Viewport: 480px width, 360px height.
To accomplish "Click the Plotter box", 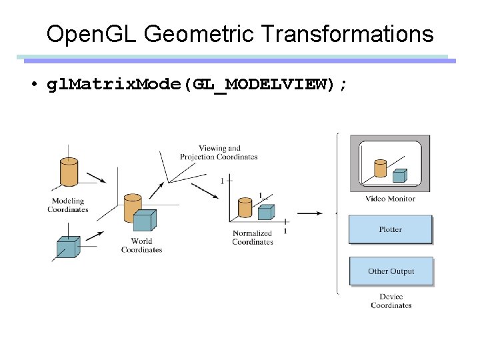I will pyautogui.click(x=390, y=229).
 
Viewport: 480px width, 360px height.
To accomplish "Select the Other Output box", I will pyautogui.click(x=391, y=271).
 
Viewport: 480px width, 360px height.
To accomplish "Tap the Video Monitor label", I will pyautogui.click(x=390, y=199).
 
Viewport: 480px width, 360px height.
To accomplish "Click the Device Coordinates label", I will pyautogui.click(x=391, y=301).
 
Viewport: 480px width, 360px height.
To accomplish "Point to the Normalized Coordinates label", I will pyautogui.click(x=252, y=238).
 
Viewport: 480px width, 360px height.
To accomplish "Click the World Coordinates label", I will pyautogui.click(x=141, y=245).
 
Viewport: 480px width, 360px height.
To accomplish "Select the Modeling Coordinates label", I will pyautogui.click(x=67, y=205).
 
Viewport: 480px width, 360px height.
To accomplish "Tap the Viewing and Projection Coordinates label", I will pyautogui.click(x=219, y=153).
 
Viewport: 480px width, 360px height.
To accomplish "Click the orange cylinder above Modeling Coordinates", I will pyautogui.click(x=69, y=171).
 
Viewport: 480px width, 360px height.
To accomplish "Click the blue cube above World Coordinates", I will pyautogui.click(x=144, y=221).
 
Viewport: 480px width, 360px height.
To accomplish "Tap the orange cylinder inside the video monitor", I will pyautogui.click(x=380, y=168).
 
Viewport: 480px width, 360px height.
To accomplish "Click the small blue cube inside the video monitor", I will pyautogui.click(x=399, y=175).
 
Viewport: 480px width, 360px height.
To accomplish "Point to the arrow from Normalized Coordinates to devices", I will pyautogui.click(x=309, y=213).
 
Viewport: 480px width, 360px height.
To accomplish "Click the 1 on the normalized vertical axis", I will pyautogui.click(x=222, y=181).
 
